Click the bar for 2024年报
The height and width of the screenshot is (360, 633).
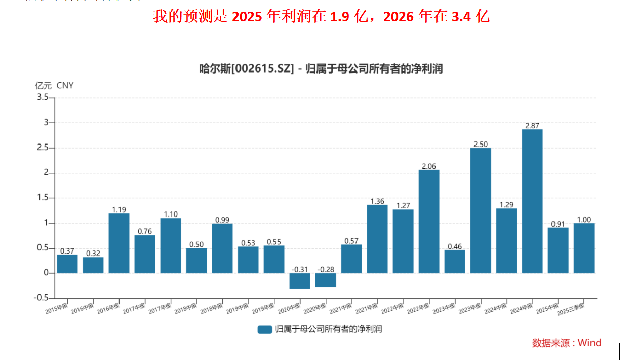532,201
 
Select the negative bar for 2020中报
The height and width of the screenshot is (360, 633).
300,281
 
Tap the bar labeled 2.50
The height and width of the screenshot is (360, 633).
481,210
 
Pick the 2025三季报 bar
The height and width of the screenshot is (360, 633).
584,248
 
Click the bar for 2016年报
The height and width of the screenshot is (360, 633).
119,243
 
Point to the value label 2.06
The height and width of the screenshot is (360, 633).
429,166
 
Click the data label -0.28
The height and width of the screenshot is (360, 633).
326,269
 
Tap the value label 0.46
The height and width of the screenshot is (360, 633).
455,246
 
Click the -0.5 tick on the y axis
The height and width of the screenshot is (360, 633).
42,298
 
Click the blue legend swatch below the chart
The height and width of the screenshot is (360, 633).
265,329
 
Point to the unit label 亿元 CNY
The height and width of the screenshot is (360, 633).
54,85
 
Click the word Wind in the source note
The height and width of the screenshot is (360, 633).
589,343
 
